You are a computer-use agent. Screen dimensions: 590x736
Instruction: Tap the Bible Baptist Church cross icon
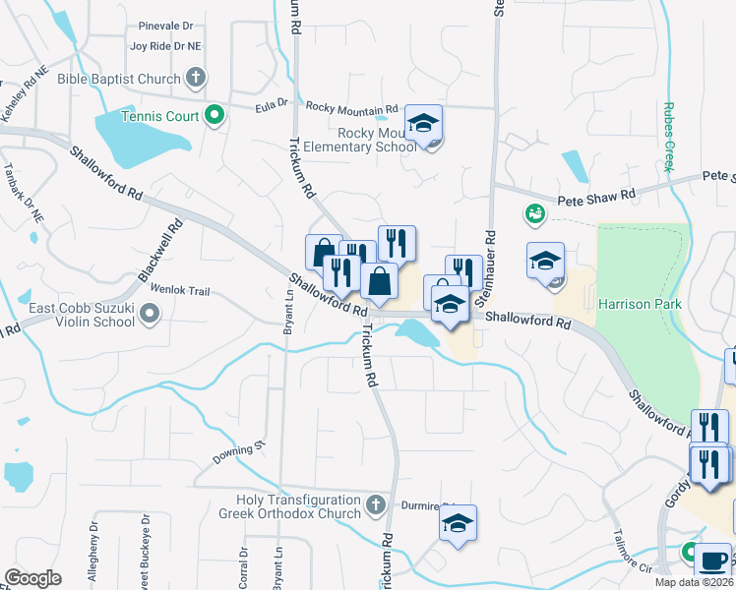pos(196,78)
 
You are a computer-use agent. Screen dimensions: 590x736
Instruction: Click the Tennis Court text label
pos(159,116)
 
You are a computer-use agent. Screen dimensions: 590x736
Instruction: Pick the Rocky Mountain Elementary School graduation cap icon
pos(424,123)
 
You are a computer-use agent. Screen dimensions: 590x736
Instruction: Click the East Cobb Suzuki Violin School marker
pos(150,314)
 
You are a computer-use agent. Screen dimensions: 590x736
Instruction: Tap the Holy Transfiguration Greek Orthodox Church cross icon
pos(375,506)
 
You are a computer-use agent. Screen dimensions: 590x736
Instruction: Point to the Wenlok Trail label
pos(180,290)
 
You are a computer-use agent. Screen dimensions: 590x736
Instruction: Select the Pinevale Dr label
pos(165,26)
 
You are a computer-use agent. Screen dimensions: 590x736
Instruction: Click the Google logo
pos(32,578)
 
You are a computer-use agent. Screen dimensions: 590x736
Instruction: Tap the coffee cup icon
pos(712,560)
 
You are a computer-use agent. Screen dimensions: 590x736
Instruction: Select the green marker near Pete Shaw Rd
pos(534,213)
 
